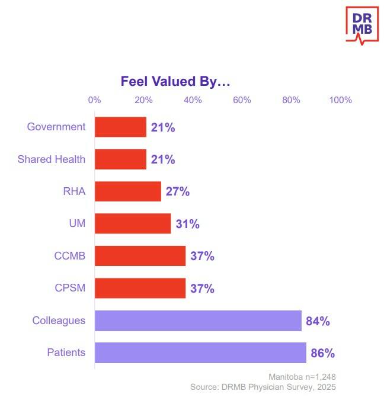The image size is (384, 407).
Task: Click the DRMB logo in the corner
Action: coord(361,25)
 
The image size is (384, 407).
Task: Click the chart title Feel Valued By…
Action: coord(175,81)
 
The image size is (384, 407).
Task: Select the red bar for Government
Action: coord(120,127)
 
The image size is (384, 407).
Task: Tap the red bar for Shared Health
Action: coord(120,159)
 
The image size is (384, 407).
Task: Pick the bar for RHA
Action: coord(128,191)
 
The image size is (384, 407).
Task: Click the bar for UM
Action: coord(133,224)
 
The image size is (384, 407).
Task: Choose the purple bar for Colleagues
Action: coord(198,321)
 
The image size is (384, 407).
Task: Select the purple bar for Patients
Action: coord(200,352)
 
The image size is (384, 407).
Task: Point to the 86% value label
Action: coord(323,354)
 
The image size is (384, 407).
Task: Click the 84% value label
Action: coord(318,321)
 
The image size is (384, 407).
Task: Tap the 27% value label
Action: coord(177,192)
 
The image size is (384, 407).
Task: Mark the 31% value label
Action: coord(187,224)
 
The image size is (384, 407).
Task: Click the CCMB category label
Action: coord(69,257)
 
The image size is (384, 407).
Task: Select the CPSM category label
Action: coord(69,289)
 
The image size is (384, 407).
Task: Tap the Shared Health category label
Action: coord(52,159)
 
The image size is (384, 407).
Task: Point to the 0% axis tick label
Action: coord(94,100)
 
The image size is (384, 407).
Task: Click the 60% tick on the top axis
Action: coord(242,100)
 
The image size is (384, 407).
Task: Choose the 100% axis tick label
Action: coord(340,100)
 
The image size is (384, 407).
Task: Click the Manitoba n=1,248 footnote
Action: coord(302,377)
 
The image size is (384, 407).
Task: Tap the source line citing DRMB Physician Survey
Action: coord(263,387)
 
